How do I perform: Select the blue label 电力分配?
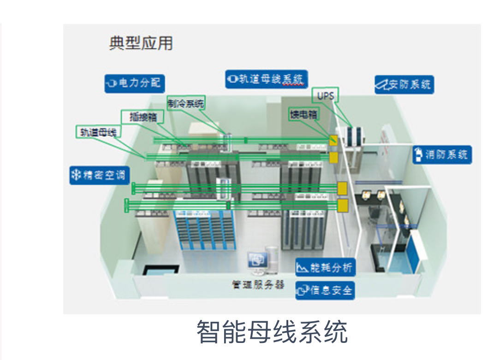(x=135, y=83)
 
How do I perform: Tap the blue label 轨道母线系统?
(x=267, y=79)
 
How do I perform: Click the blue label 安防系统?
(x=404, y=85)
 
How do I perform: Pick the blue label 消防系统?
(x=442, y=154)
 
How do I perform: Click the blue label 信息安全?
(x=326, y=290)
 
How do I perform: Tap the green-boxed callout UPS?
(x=326, y=95)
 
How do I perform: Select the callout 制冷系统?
(x=185, y=104)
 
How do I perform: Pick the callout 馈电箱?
(x=303, y=114)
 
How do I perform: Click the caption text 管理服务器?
(x=258, y=284)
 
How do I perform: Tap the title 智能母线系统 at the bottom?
(x=272, y=332)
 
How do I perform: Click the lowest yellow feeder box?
(x=343, y=206)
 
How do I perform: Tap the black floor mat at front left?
(x=160, y=270)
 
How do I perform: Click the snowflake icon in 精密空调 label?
(x=76, y=176)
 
